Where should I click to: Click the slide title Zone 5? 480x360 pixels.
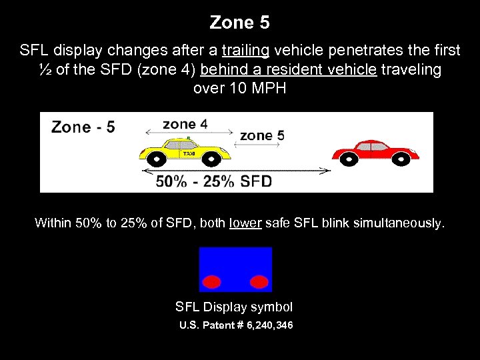(239, 23)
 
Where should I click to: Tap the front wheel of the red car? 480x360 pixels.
(401, 159)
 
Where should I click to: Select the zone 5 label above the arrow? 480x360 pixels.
(262, 135)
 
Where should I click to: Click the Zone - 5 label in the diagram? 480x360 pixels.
(83, 127)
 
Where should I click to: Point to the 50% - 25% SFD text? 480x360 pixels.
(213, 181)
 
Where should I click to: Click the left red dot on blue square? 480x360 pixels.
(212, 281)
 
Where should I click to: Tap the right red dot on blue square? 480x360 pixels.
(259, 281)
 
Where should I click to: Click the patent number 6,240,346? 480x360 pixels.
(262, 325)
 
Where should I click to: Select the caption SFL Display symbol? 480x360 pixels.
(234, 307)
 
